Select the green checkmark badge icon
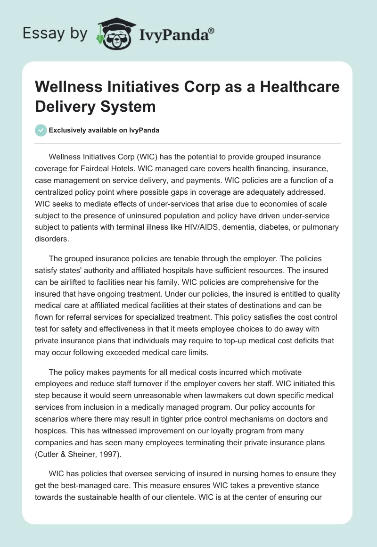point(41,131)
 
